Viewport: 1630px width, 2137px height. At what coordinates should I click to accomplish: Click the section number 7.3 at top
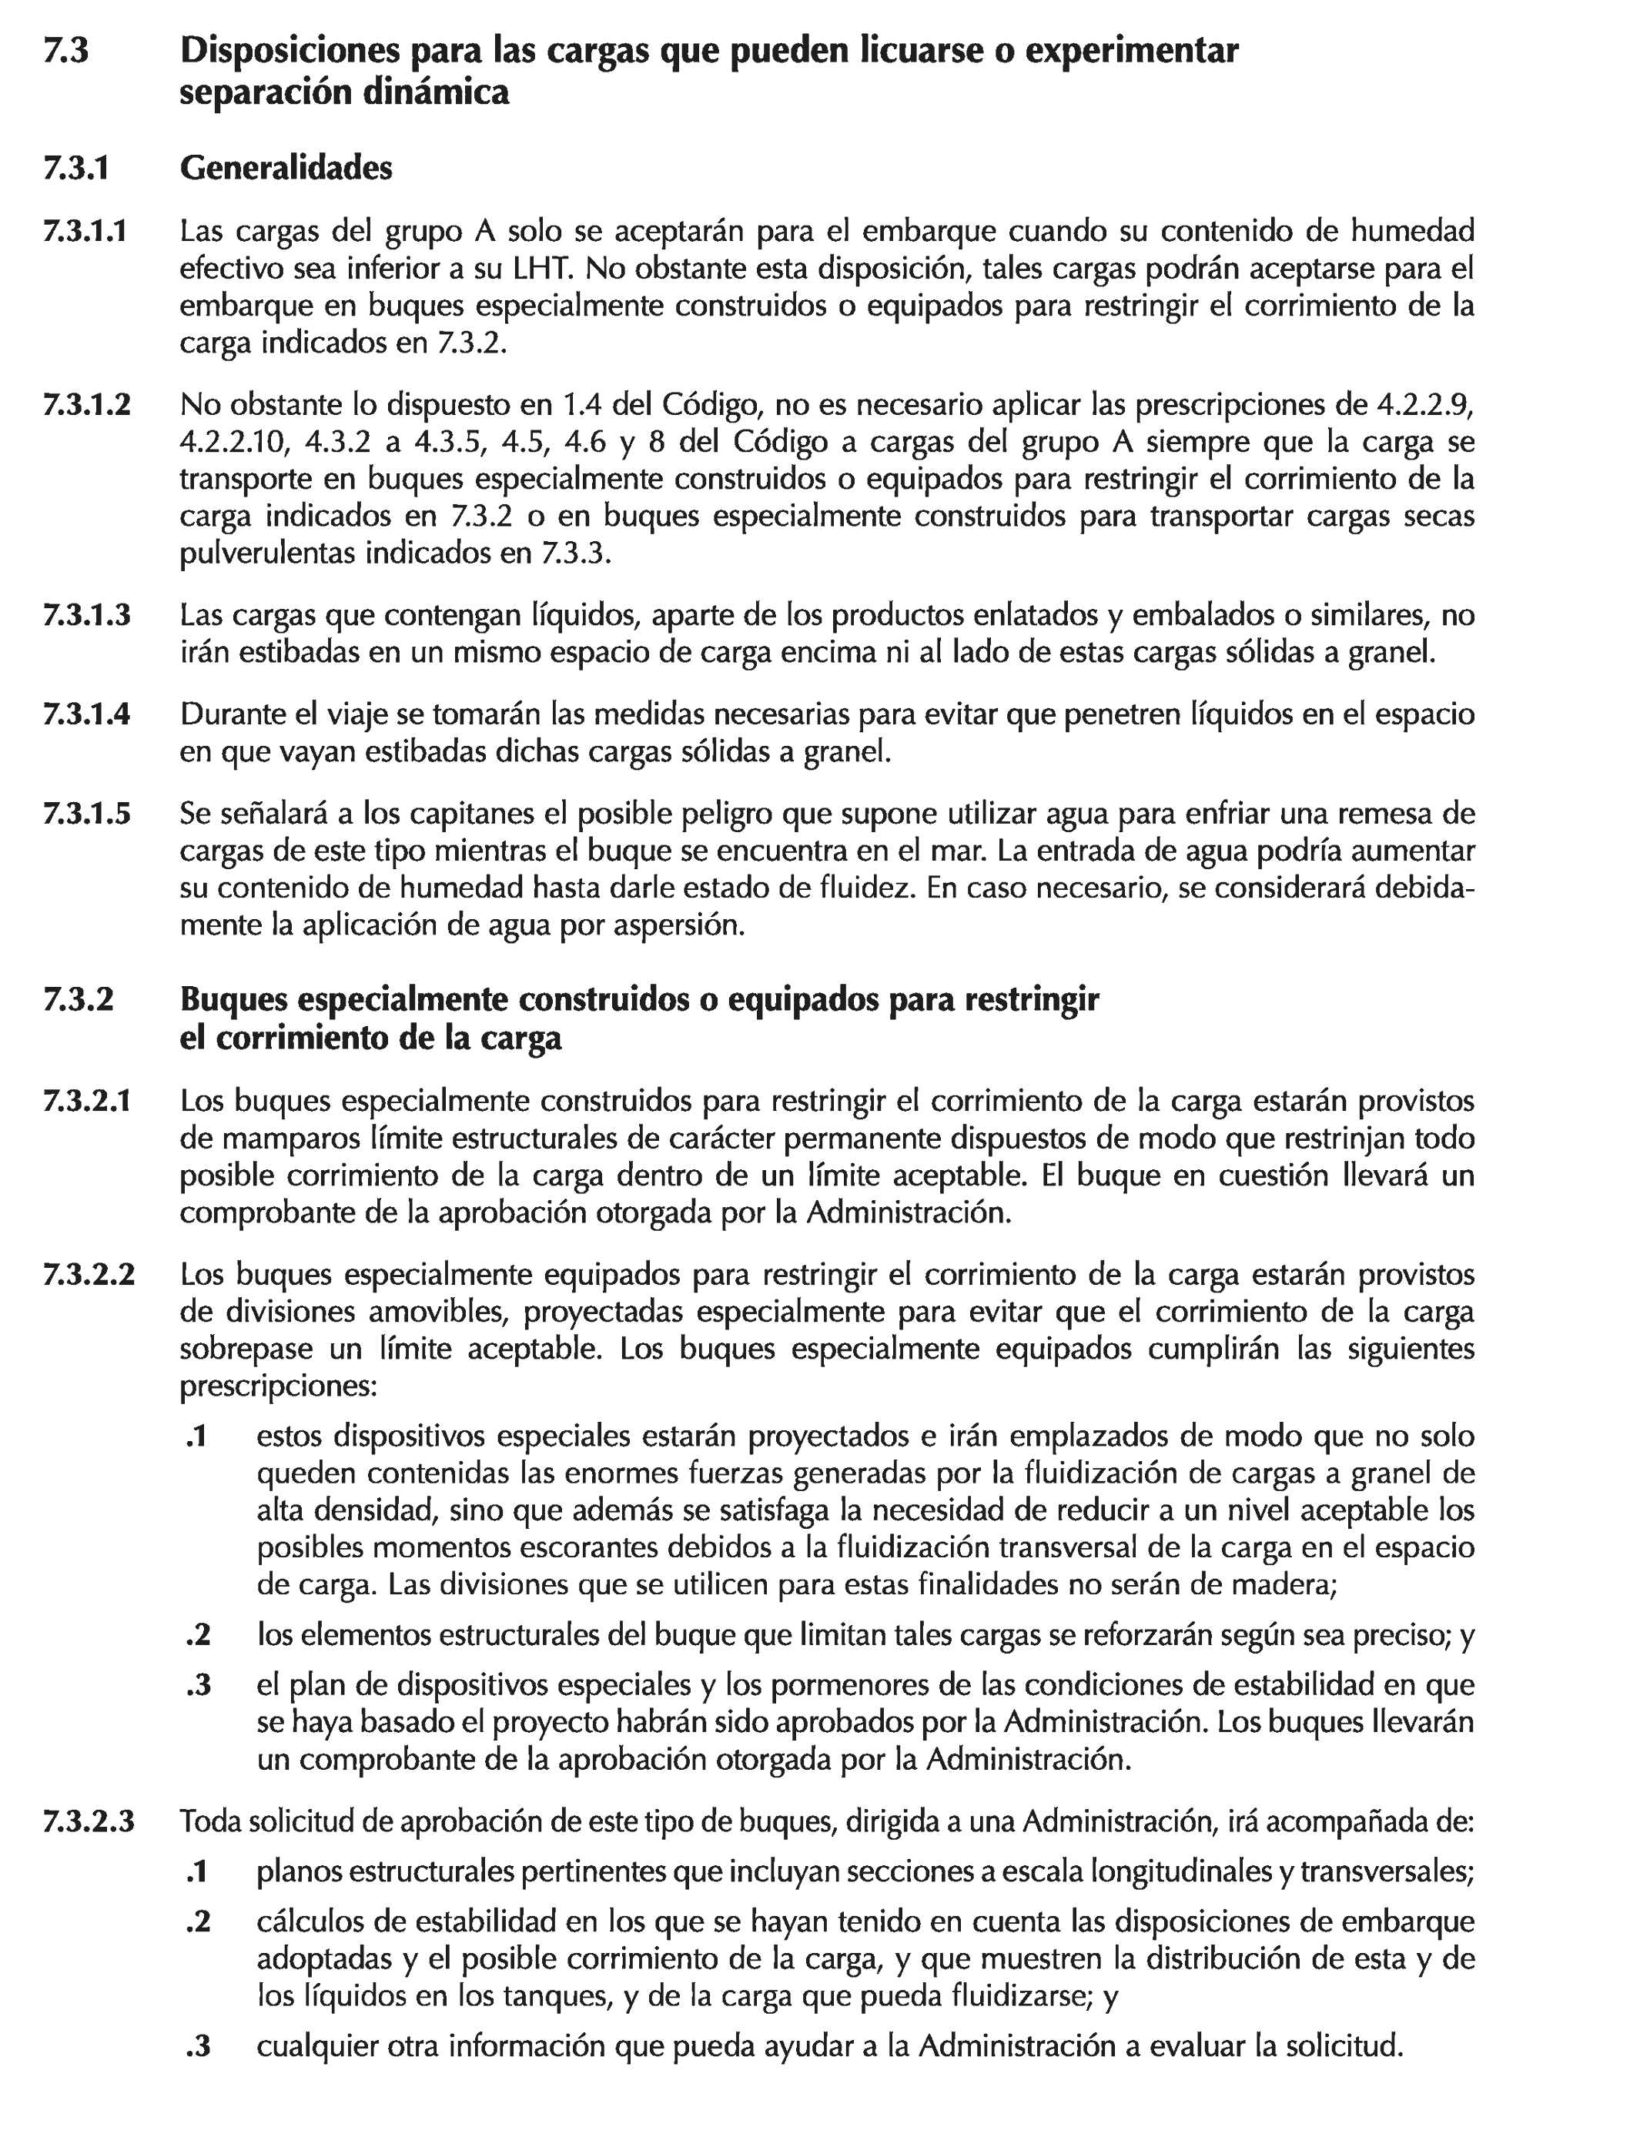66,51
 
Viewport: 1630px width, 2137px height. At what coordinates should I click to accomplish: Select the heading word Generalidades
286,168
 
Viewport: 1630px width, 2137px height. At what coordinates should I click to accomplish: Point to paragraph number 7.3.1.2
86,404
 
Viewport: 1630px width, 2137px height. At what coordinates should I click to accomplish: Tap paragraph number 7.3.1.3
86,615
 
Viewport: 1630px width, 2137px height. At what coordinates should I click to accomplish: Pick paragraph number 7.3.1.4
86,715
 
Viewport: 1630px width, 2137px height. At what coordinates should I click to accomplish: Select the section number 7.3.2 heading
78,1000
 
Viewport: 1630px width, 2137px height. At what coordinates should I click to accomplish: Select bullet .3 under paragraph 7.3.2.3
198,2048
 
